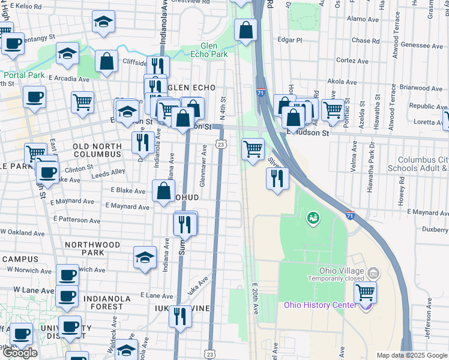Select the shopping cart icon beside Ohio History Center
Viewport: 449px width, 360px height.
tap(366, 293)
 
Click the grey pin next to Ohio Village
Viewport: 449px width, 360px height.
tap(373, 274)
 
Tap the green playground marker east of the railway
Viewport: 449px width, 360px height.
tap(312, 217)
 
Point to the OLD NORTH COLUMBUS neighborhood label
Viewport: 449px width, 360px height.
tap(106, 146)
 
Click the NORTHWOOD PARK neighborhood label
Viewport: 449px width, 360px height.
tap(92, 245)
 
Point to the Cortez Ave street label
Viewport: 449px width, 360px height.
tap(352, 61)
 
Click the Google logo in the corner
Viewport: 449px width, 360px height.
tap(20, 353)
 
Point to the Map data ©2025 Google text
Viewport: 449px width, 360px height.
tap(411, 355)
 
